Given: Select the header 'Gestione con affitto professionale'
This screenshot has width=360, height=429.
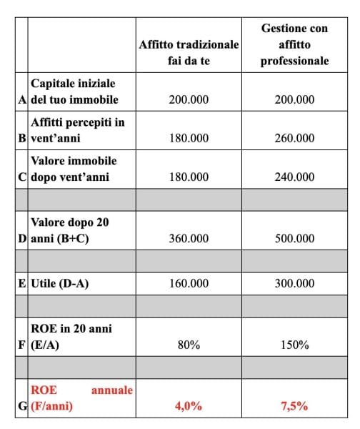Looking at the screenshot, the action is [x=294, y=45].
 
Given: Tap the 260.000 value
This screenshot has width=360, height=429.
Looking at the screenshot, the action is [x=294, y=138].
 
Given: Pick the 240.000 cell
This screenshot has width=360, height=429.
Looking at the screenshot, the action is [x=294, y=177].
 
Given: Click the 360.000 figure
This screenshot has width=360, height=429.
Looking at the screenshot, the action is [x=189, y=239].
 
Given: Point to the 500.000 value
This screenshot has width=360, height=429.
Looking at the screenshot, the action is [x=294, y=239].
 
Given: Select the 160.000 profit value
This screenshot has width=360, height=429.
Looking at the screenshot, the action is [x=189, y=284].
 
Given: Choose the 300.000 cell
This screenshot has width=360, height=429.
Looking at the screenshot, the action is [x=294, y=284].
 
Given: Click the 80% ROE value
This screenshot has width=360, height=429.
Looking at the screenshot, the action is [x=189, y=345].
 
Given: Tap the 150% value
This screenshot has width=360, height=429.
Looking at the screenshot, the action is [x=294, y=345].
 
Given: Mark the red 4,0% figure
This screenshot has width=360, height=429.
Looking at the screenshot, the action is [x=189, y=406].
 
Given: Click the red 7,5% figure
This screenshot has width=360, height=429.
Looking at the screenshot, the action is [x=294, y=406].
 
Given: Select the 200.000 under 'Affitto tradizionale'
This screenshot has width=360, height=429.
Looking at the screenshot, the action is [x=189, y=99].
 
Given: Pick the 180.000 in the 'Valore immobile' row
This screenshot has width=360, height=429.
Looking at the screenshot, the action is [x=189, y=177].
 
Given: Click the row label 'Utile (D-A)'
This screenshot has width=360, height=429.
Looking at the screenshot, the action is [x=61, y=284].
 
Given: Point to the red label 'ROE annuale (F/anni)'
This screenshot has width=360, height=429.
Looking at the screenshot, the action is [x=81, y=398].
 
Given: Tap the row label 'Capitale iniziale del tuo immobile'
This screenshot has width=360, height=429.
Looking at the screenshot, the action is [x=74, y=92].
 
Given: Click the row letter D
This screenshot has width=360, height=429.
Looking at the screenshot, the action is [x=21, y=239].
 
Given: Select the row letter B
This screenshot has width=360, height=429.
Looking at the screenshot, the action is [x=21, y=138].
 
